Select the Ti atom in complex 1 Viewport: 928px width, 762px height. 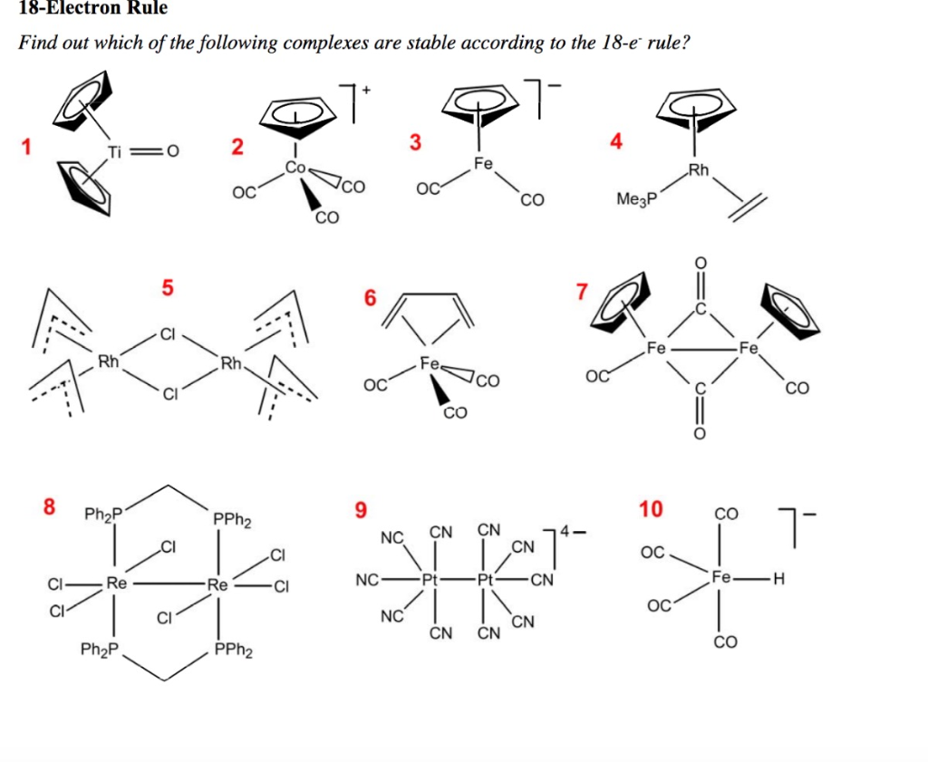coord(115,150)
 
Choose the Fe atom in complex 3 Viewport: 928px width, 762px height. coord(483,164)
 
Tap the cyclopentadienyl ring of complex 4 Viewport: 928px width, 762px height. coord(696,108)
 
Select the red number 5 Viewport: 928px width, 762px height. coord(166,288)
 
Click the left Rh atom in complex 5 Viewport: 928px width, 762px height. coord(109,363)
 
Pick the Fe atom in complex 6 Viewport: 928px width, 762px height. coord(430,363)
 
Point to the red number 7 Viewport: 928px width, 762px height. coord(581,292)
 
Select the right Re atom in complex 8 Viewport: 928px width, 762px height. coord(217,584)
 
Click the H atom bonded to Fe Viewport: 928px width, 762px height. coord(776,577)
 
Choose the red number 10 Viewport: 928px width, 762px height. coord(651,508)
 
